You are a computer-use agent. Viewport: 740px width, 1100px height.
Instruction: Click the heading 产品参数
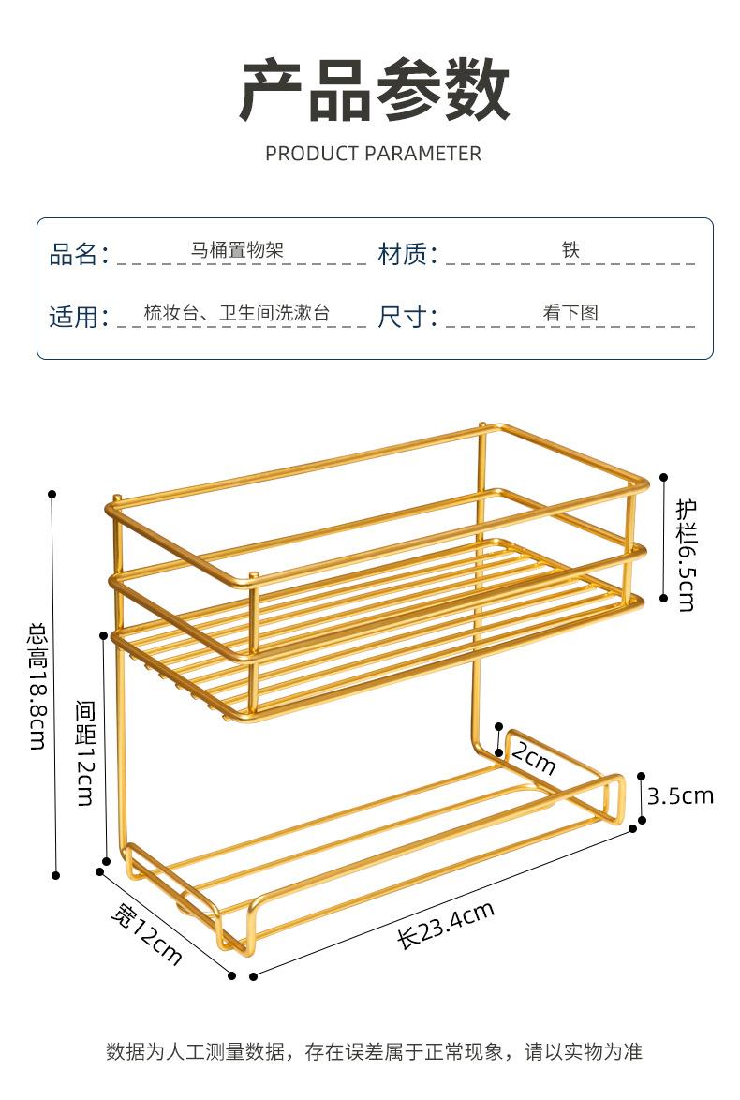374,91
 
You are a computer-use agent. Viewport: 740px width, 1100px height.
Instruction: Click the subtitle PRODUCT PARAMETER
373,154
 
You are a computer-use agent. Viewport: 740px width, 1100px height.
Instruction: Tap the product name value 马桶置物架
237,250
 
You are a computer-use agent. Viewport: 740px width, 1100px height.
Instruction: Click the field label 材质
407,254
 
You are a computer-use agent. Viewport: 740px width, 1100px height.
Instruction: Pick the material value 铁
570,250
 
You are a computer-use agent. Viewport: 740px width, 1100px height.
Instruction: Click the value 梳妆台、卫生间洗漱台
237,313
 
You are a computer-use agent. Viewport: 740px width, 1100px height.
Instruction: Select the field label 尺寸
407,317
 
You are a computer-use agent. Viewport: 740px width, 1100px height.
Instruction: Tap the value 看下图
570,313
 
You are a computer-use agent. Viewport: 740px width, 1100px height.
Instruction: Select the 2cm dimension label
533,760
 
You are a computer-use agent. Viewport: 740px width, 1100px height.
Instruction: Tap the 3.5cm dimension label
680,796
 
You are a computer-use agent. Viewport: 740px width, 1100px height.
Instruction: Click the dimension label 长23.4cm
446,924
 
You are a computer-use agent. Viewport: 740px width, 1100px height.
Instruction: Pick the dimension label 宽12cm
145,934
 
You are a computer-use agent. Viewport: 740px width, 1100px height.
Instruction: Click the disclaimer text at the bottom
374,1051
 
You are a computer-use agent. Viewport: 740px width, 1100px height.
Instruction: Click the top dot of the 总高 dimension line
53,494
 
